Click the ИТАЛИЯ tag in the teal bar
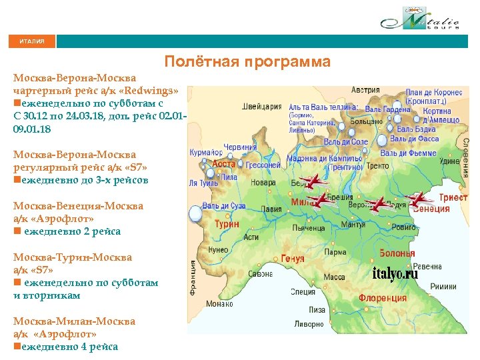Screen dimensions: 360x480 click(x=32, y=41)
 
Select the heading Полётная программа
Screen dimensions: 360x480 click(x=247, y=62)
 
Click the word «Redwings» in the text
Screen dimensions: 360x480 click(x=150, y=90)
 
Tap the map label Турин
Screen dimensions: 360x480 click(x=227, y=224)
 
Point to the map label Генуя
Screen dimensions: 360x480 click(x=292, y=258)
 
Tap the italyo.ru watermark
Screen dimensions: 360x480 click(x=395, y=274)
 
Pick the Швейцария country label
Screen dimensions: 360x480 click(x=262, y=105)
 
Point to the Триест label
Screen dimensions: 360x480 click(x=453, y=197)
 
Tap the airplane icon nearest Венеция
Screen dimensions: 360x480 click(x=419, y=198)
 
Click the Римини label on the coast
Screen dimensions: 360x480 click(x=443, y=285)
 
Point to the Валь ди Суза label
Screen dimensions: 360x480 click(x=226, y=207)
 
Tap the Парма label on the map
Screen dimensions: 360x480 click(x=335, y=253)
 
